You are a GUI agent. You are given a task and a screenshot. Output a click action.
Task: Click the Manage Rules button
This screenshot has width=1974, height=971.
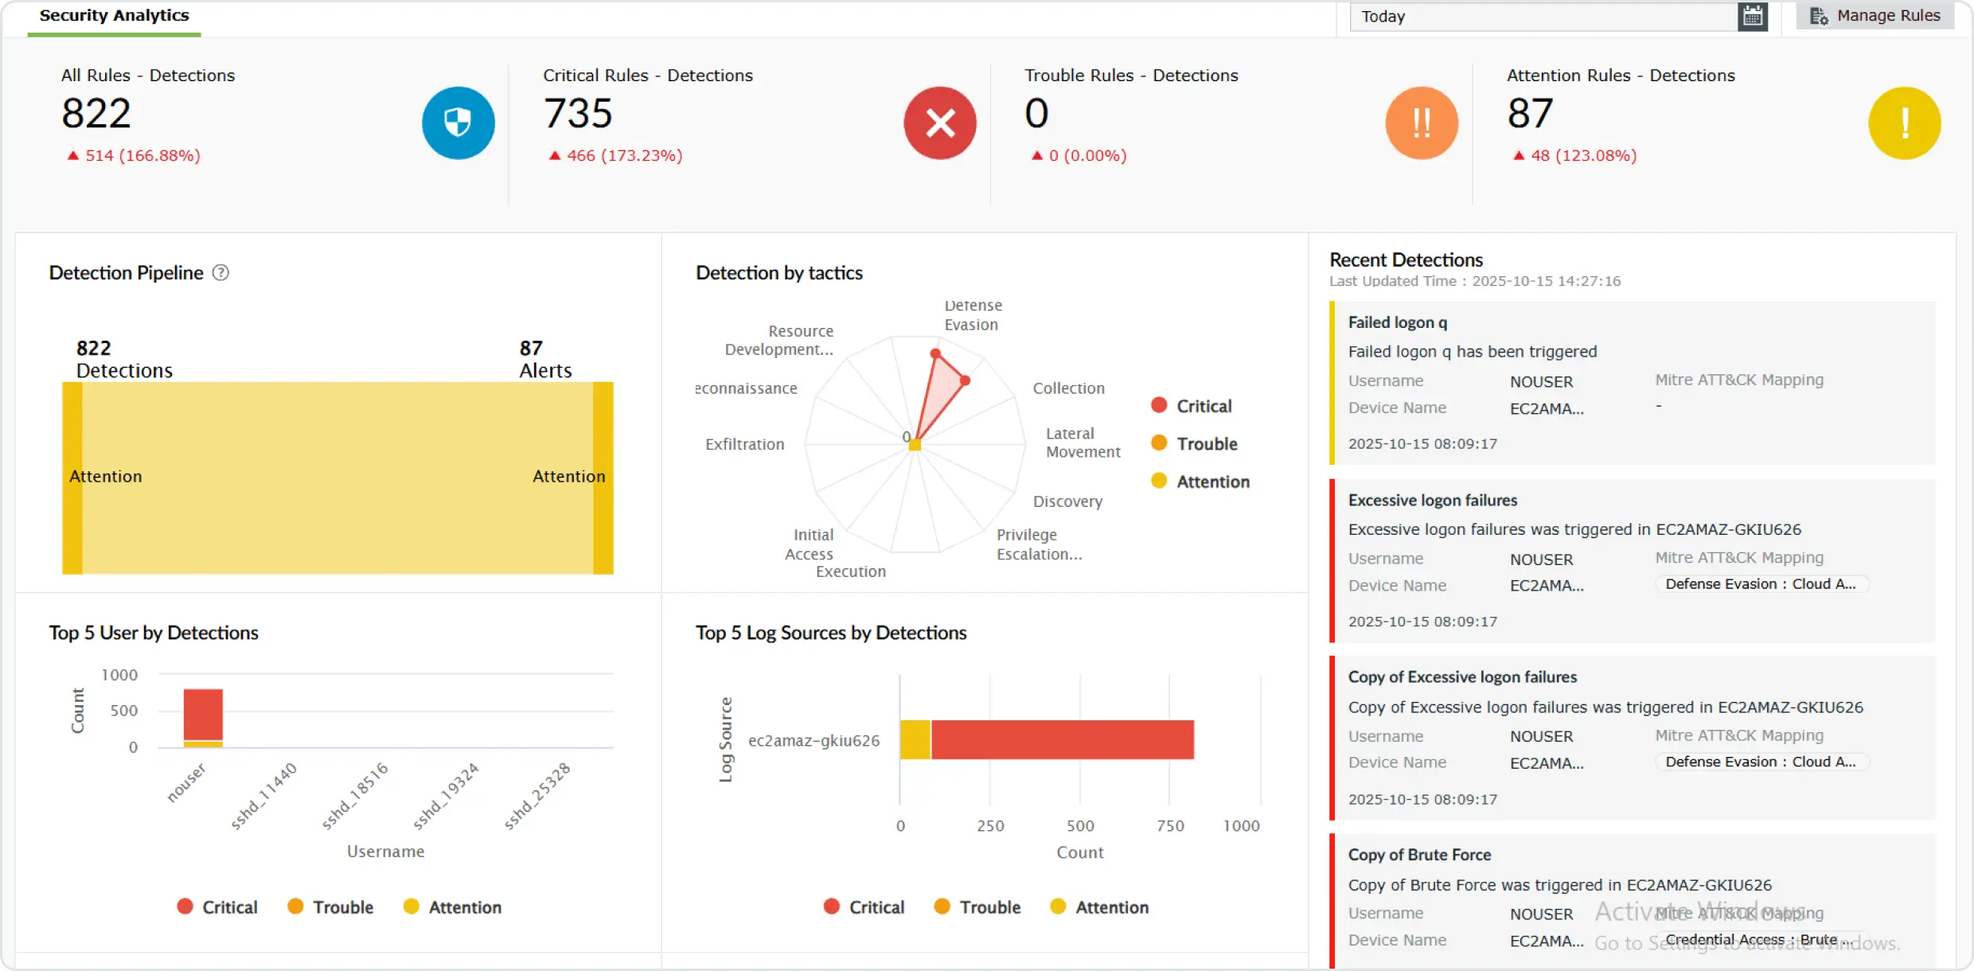click(x=1875, y=16)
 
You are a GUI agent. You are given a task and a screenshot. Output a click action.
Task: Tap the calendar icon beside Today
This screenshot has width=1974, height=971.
click(x=1753, y=16)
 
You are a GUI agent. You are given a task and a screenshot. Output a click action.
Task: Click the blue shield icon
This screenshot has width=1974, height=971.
click(x=458, y=123)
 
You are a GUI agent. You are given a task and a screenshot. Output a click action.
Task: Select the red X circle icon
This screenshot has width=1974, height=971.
click(x=939, y=123)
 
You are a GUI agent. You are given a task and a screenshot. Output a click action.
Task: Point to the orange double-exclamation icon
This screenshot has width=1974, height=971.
click(x=1422, y=123)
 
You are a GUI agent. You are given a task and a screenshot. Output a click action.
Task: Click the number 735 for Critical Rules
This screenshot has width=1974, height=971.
click(x=578, y=113)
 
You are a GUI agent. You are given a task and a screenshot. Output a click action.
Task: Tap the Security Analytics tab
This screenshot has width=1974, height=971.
click(x=114, y=16)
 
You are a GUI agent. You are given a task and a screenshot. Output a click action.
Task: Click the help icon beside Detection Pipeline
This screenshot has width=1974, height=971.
click(x=220, y=273)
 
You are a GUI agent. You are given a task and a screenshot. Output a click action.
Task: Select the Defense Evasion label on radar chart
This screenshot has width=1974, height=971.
click(x=972, y=315)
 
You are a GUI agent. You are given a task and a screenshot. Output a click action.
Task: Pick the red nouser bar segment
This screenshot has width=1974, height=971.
click(x=203, y=714)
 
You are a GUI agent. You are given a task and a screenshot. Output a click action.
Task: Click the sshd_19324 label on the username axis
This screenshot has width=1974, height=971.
click(x=447, y=795)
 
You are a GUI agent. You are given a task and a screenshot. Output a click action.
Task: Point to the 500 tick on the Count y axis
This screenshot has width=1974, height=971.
click(x=123, y=710)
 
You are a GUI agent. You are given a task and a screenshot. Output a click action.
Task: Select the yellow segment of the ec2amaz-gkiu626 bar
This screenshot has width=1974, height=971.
click(x=915, y=739)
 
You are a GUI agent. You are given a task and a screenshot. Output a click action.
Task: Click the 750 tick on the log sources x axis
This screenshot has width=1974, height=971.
click(x=1170, y=825)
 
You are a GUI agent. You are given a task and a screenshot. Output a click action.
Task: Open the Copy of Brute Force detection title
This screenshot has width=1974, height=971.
click(x=1419, y=855)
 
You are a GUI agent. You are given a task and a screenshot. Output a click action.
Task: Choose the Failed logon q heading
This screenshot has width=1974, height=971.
click(x=1398, y=322)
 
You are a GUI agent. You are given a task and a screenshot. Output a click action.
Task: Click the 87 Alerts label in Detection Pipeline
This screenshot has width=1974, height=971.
click(x=545, y=360)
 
